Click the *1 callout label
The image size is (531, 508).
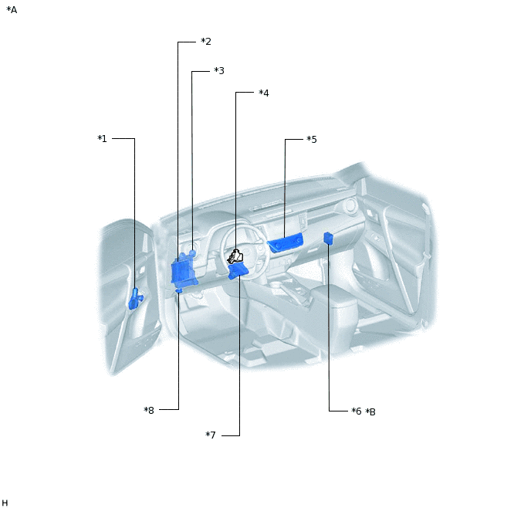103,138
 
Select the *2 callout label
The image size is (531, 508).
206,42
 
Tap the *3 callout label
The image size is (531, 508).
219,71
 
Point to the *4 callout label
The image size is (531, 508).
264,93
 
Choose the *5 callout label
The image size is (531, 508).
312,139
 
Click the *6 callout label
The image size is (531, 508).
357,411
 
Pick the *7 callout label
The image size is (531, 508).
211,435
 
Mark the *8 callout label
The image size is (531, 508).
149,411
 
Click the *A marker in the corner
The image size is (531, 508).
12,10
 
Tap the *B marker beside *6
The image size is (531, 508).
370,411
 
